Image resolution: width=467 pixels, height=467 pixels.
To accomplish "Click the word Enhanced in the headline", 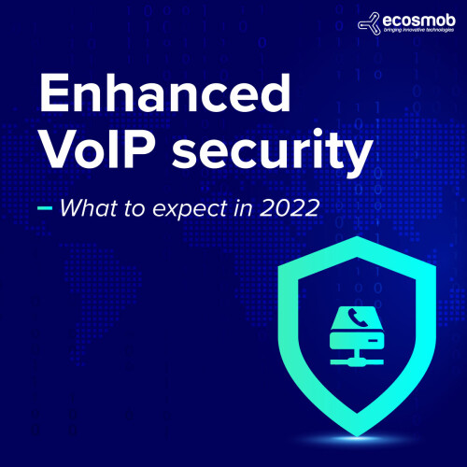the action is pyautogui.click(x=165, y=92).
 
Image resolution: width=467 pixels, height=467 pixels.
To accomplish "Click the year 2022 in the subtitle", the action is pyautogui.click(x=290, y=208).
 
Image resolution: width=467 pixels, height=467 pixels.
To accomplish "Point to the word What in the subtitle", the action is pyautogui.click(x=89, y=207).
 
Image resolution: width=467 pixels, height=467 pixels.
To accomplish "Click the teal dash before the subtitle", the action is pyautogui.click(x=45, y=208).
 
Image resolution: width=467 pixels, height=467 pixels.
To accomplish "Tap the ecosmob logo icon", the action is pyautogui.click(x=369, y=23).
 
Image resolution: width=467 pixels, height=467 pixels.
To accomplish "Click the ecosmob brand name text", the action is pyautogui.click(x=419, y=21).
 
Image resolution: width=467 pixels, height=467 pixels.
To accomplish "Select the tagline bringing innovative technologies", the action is pyautogui.click(x=418, y=30).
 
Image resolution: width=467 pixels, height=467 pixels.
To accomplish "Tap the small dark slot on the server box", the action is pyautogui.click(x=373, y=341).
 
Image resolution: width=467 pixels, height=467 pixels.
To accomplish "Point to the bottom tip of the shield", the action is pyautogui.click(x=358, y=436).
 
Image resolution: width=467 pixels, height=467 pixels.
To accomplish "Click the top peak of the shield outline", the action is pyautogui.click(x=358, y=237).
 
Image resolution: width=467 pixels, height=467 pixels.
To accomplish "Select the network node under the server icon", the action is pyautogui.click(x=357, y=361).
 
